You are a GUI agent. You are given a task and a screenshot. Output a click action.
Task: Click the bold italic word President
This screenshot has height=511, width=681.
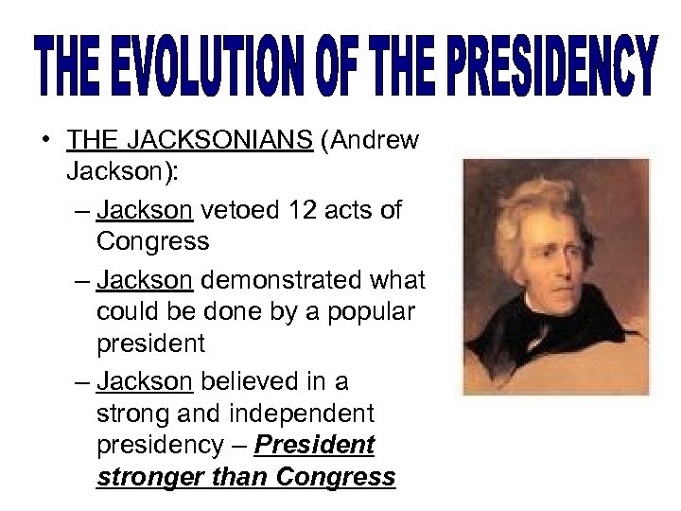(328, 444)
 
